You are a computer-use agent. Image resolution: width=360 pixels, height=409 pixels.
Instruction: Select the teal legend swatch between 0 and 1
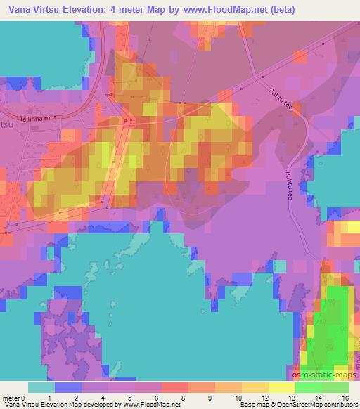click(x=41, y=387)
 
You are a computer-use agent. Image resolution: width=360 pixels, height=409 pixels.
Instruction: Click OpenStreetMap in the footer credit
click(x=300, y=405)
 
